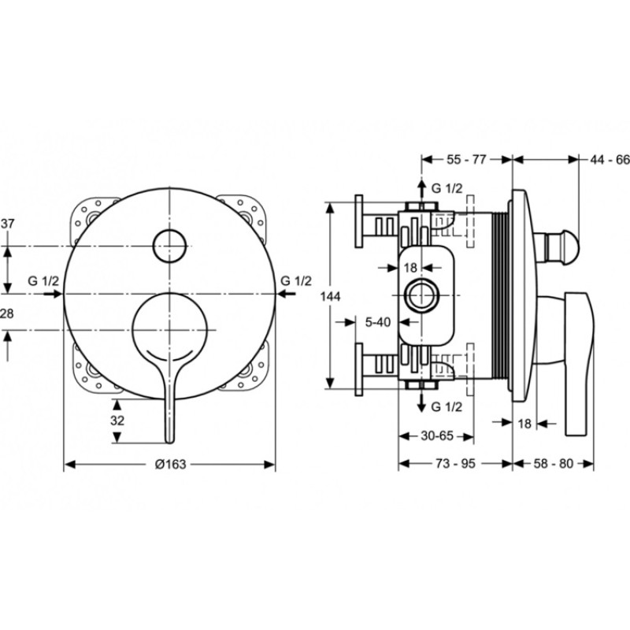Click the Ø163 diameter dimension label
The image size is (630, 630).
(170, 465)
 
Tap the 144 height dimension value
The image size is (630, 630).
(330, 297)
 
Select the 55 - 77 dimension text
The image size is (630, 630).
(466, 160)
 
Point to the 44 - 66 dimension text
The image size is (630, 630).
(610, 160)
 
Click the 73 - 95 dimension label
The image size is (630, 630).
(455, 464)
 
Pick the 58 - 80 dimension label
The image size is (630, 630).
(554, 464)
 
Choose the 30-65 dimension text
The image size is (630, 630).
(437, 436)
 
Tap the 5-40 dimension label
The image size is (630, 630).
(378, 322)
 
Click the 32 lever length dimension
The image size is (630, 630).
(117, 421)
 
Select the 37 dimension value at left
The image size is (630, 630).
(7, 224)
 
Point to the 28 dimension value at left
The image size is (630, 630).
(6, 313)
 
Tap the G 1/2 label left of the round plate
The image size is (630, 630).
(43, 281)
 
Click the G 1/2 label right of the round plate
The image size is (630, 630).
(296, 281)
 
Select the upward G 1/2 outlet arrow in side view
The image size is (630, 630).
(421, 194)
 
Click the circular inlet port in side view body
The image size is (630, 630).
(421, 295)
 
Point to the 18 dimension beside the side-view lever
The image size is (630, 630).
(524, 424)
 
